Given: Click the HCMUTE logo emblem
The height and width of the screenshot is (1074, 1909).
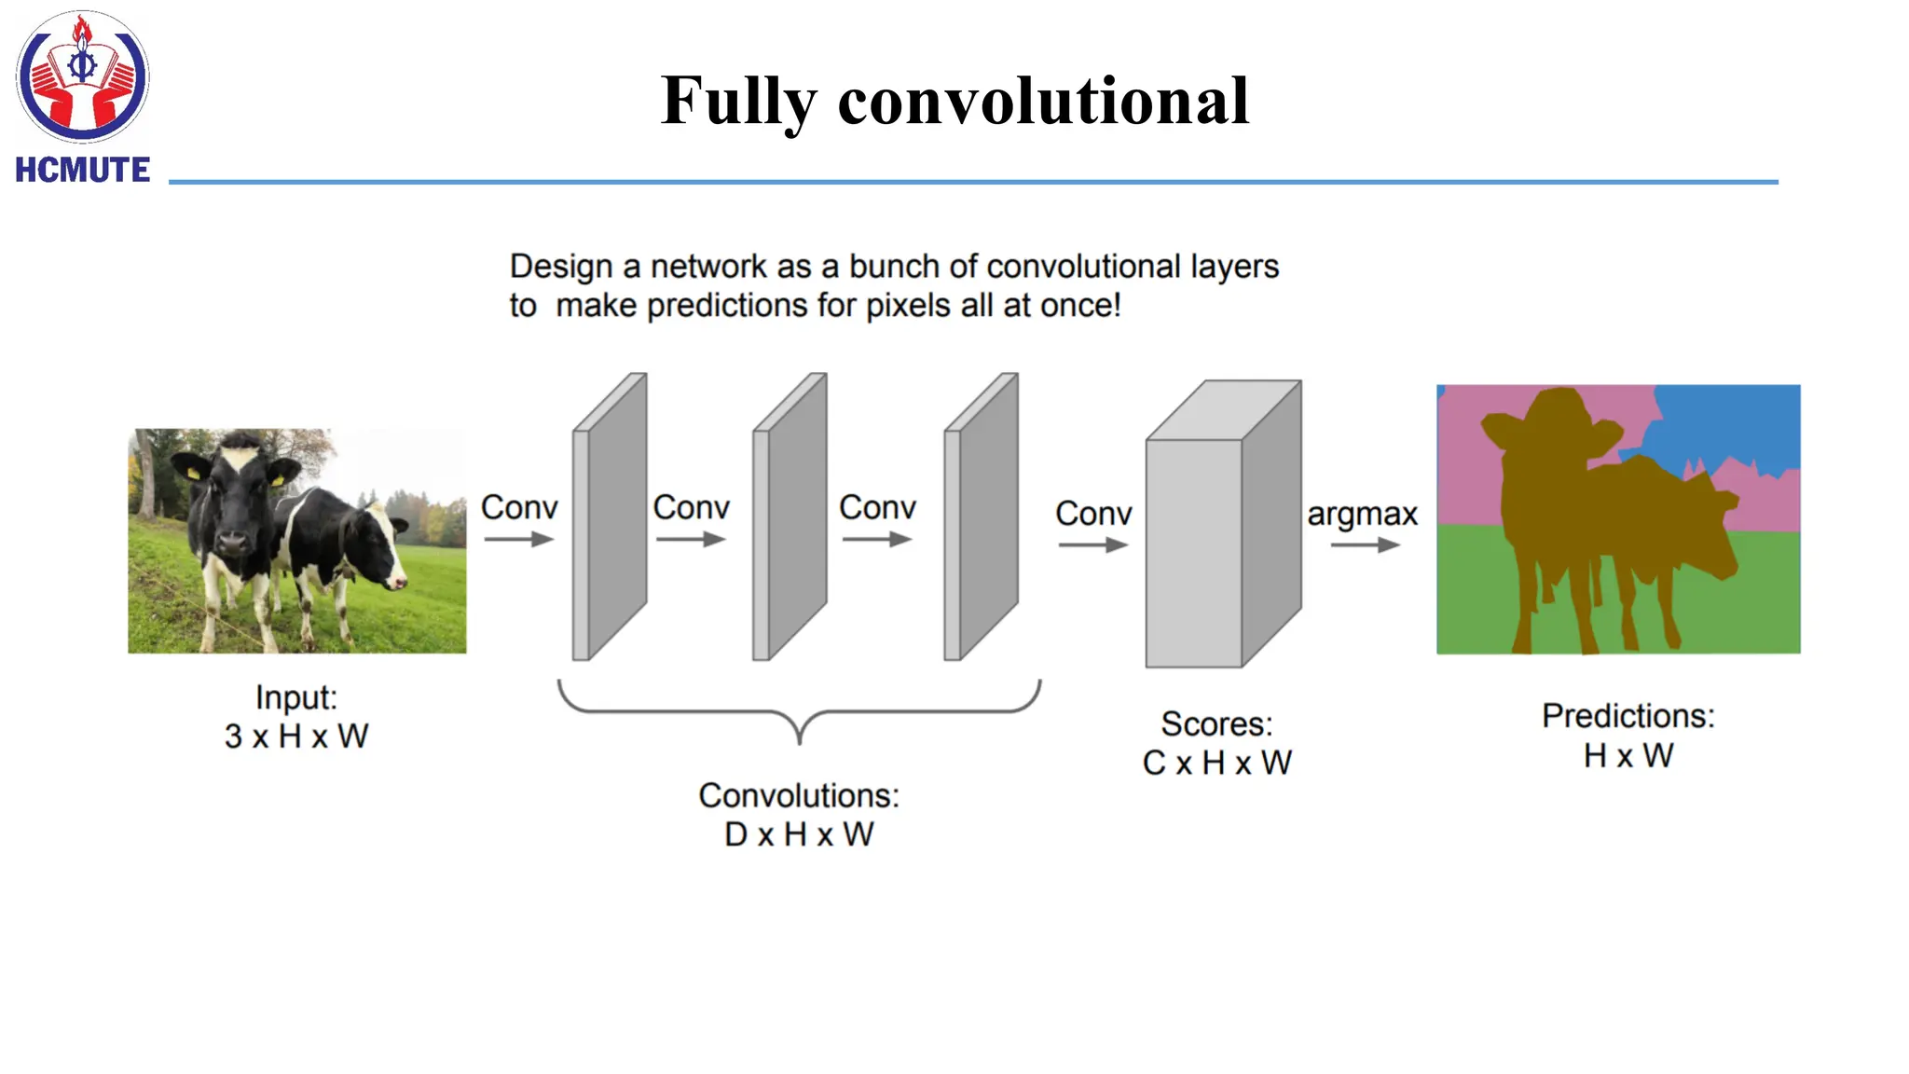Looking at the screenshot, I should point(82,76).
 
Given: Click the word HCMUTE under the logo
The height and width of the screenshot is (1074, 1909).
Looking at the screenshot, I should point(82,170).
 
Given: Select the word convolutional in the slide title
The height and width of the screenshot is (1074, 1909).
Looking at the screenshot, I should point(1043,101).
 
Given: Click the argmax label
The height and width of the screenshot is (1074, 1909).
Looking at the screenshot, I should point(1362,514).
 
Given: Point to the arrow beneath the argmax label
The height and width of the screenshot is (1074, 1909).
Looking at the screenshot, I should point(1365,545).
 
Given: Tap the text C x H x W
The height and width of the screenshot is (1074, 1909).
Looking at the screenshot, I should point(1216,763).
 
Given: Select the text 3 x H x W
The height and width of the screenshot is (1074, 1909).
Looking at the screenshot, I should point(296,737).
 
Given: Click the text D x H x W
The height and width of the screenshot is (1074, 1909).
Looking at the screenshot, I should point(799,834).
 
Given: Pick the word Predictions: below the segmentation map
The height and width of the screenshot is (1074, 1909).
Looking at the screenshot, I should point(1627,716).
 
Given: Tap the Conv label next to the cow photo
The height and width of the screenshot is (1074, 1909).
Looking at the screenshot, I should point(519,508).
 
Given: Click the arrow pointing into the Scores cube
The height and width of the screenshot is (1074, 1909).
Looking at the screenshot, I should point(1092,545).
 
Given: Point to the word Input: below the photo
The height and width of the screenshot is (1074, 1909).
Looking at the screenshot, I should point(296,697).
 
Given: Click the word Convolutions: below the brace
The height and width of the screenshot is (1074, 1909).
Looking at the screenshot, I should point(799,795).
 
